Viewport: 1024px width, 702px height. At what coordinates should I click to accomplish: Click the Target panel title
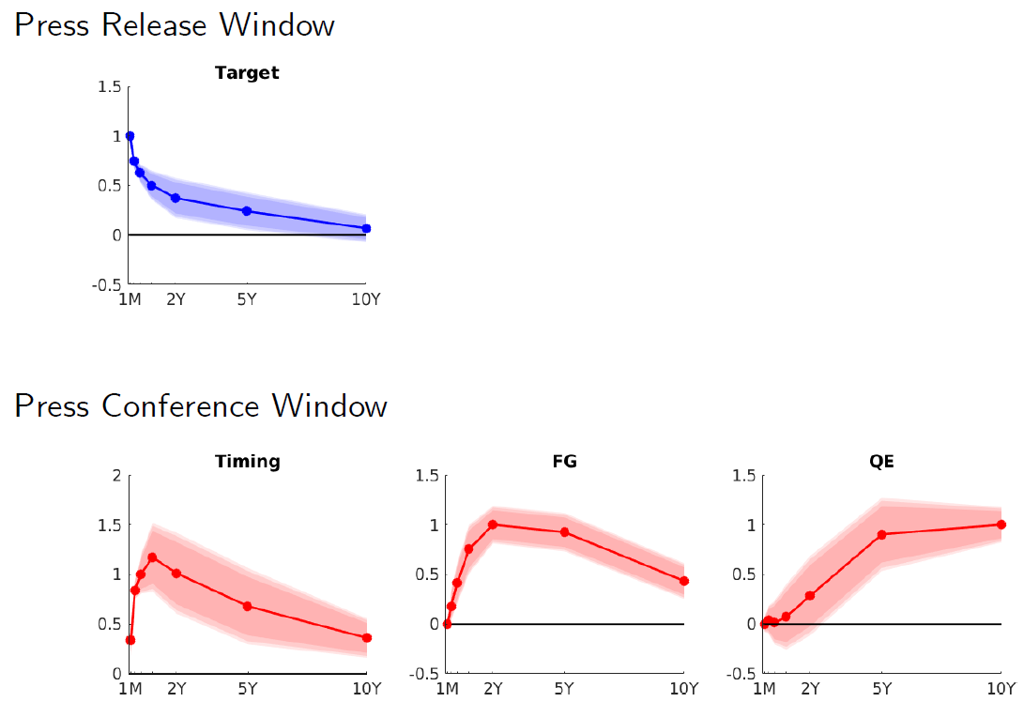(247, 72)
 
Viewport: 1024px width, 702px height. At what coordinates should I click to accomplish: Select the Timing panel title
(247, 461)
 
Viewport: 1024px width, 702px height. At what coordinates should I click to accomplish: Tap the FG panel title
(564, 461)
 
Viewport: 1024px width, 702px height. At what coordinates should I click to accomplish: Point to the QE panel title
(881, 461)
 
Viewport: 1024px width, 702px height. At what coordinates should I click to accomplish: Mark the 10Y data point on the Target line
(366, 228)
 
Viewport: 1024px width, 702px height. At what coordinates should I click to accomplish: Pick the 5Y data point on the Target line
(247, 211)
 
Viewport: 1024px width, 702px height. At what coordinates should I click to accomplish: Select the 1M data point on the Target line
(130, 136)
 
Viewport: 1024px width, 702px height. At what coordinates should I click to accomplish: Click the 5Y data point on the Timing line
(247, 606)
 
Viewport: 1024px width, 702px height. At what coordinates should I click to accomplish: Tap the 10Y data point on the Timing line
(366, 638)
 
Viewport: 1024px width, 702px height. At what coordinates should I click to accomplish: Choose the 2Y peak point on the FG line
(493, 524)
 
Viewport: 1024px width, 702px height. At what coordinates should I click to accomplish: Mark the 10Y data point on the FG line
(683, 581)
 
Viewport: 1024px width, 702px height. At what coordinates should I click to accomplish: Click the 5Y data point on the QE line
(881, 535)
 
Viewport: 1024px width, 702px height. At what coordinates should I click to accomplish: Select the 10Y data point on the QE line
(1001, 525)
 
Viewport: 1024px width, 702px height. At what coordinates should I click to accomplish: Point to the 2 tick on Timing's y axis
(116, 475)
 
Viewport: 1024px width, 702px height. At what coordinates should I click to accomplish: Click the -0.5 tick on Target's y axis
(109, 284)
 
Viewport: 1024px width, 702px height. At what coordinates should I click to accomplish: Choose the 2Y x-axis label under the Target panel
(176, 300)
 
